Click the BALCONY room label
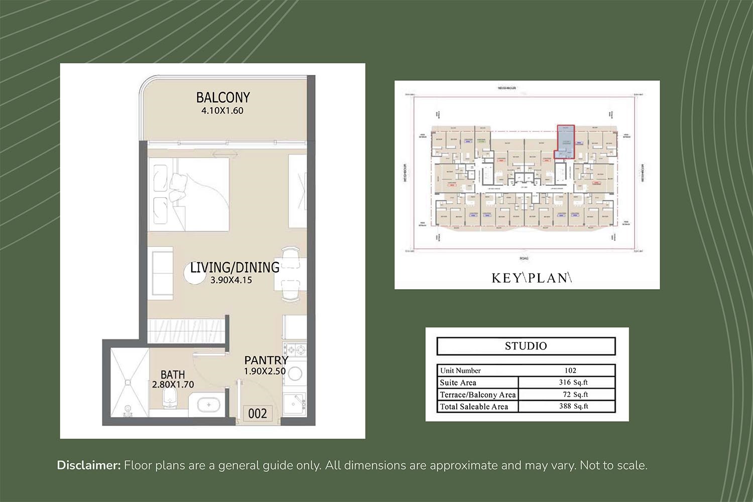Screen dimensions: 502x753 (223, 97)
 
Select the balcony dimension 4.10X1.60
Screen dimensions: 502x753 (222, 111)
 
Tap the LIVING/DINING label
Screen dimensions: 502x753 (234, 267)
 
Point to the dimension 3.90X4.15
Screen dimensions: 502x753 (231, 280)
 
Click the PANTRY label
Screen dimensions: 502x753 (266, 360)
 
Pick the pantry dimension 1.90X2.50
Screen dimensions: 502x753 (265, 371)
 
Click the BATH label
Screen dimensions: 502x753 (173, 374)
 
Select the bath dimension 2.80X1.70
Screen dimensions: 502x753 (173, 385)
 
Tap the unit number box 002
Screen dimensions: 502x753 (258, 414)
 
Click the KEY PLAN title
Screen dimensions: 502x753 (531, 278)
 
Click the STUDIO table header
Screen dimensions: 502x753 (526, 346)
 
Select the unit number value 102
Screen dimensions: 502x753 (570, 370)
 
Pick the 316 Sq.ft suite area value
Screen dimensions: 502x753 (573, 383)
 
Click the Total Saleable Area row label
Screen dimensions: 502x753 (474, 407)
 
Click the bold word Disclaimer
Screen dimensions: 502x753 (89, 465)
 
